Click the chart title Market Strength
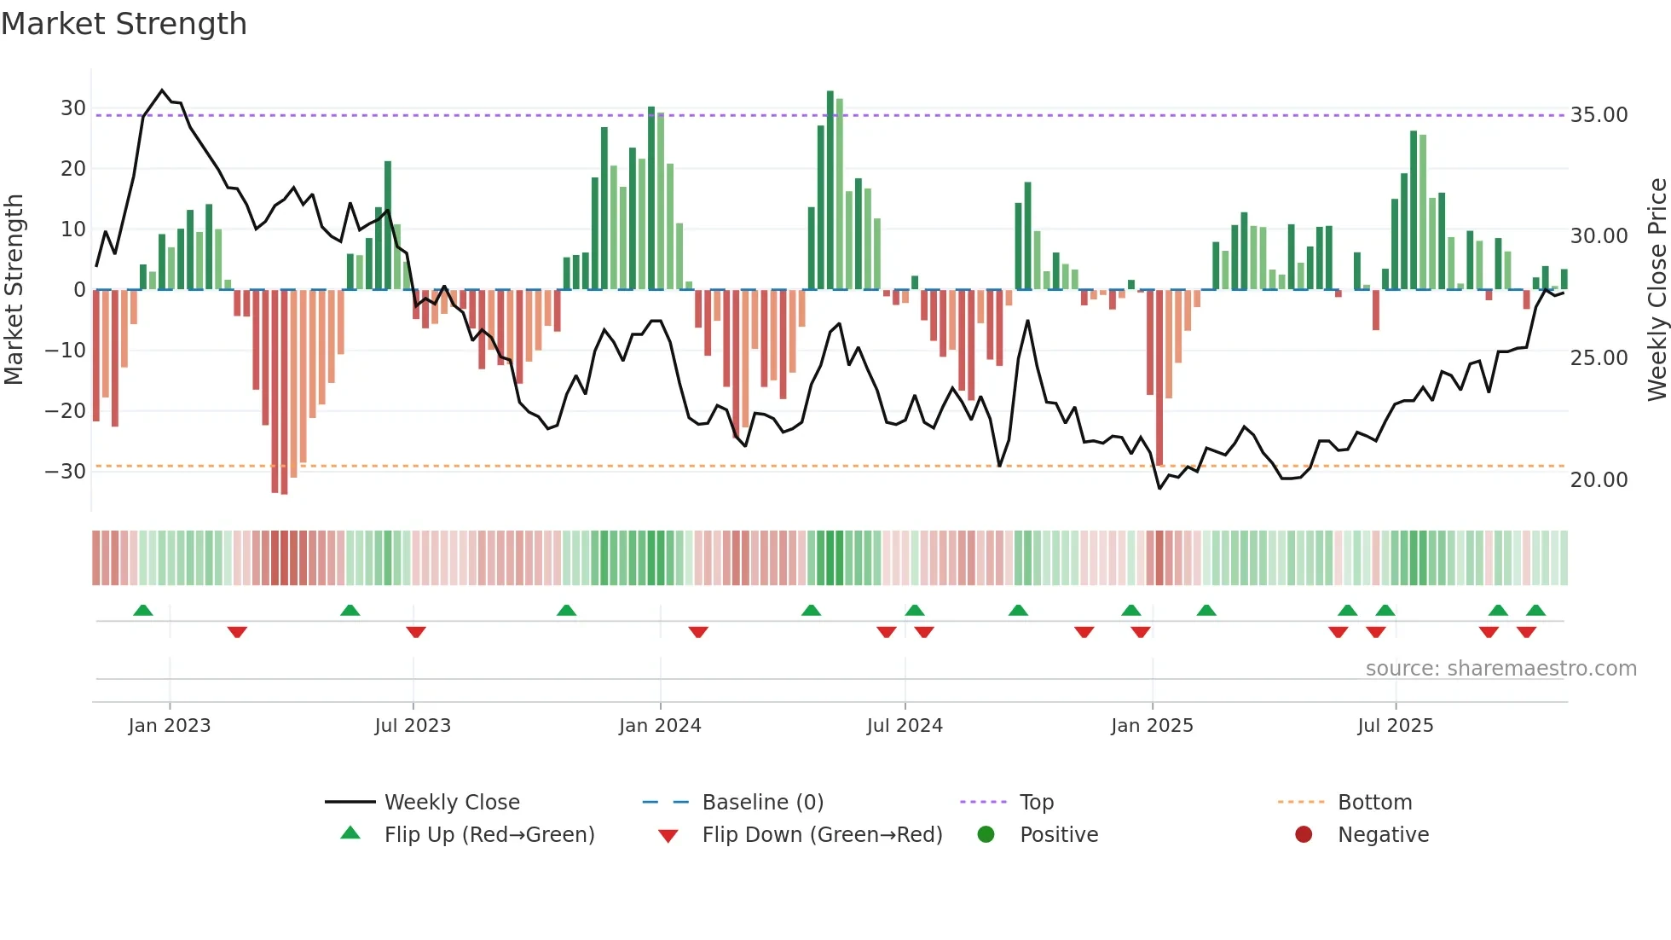[124, 24]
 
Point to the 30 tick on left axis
[72, 108]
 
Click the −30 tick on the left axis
[66, 472]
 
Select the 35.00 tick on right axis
[1599, 115]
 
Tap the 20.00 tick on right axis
[1599, 480]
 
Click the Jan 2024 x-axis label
[660, 726]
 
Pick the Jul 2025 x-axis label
[1395, 726]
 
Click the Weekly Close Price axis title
[1657, 290]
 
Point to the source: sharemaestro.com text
[1500, 669]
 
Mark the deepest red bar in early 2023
[284, 392]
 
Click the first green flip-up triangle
[143, 610]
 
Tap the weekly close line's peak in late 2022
[162, 90]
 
